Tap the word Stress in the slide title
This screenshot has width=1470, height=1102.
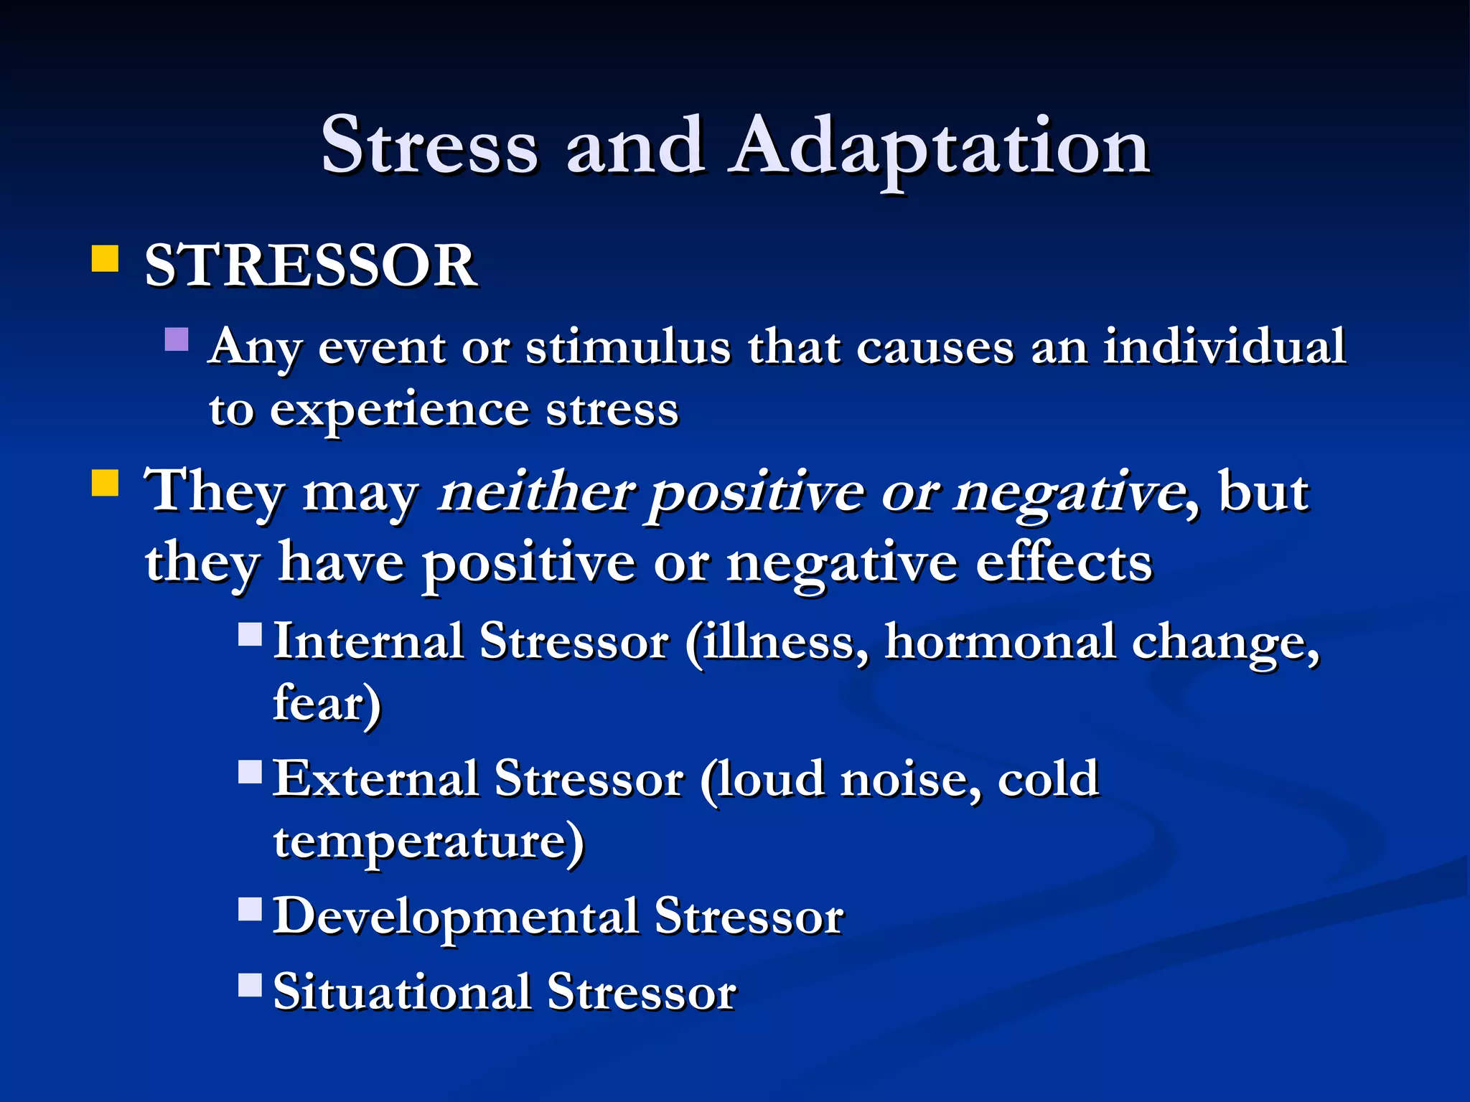(429, 147)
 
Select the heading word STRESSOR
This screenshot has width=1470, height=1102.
(310, 266)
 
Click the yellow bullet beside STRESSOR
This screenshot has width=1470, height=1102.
(106, 259)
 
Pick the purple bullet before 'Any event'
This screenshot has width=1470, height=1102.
(177, 339)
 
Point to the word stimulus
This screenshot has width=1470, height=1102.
(627, 347)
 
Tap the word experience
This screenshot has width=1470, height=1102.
(401, 411)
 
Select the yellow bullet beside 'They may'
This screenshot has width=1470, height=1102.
(106, 483)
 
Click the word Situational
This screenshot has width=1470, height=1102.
(402, 993)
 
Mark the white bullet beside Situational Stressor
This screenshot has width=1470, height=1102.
(251, 985)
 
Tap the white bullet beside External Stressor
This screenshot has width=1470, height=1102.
(251, 772)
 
